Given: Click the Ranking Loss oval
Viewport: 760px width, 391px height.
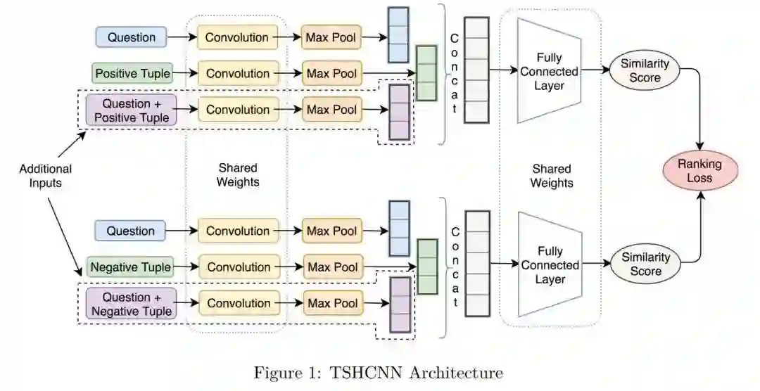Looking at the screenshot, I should (699, 171).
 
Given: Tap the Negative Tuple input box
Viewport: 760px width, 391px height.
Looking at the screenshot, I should (131, 267).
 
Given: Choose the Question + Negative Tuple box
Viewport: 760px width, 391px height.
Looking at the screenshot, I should (131, 304).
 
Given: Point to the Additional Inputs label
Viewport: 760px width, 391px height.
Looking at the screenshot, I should (46, 176).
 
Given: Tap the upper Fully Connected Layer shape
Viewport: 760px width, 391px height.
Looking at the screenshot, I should (550, 71).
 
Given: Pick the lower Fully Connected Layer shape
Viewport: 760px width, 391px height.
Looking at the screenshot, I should (550, 265).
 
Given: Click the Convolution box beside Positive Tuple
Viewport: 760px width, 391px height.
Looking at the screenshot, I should (238, 73).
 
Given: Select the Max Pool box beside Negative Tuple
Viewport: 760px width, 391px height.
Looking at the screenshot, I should (332, 267).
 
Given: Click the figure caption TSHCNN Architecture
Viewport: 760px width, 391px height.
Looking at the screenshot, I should (379, 372).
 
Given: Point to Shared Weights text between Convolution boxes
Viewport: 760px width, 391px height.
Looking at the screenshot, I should (238, 175).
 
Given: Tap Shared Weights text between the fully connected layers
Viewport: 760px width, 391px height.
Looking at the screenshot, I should (552, 176).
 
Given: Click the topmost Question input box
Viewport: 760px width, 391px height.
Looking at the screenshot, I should (131, 37).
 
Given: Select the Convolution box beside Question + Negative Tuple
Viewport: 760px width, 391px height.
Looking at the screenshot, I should (238, 304).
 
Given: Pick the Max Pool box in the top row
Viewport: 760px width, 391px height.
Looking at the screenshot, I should (332, 37).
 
